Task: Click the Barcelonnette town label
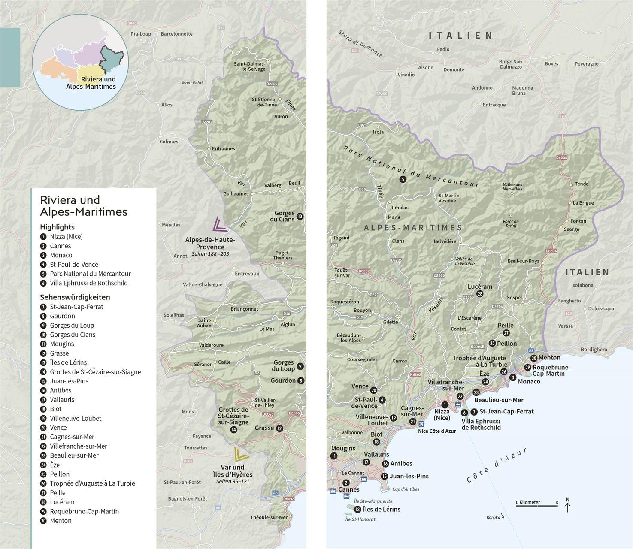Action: [x=176, y=34]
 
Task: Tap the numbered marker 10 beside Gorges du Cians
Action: [x=300, y=217]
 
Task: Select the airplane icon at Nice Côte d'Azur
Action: [x=421, y=424]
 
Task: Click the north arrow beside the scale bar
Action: [x=567, y=505]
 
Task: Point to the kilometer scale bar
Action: [x=536, y=506]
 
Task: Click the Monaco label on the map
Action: [x=529, y=381]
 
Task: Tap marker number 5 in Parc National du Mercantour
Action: [x=403, y=180]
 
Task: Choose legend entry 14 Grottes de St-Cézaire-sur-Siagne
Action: [x=95, y=372]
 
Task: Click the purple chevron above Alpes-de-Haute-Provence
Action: [x=220, y=225]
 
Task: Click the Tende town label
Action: [x=582, y=184]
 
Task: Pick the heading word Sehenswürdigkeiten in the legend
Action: [x=75, y=297]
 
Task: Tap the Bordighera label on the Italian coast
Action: [x=594, y=350]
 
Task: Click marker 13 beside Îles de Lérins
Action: [x=357, y=510]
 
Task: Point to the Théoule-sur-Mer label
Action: [x=269, y=517]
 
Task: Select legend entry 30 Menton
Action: [x=61, y=521]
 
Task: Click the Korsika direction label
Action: [x=493, y=517]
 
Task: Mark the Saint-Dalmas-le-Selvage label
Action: [x=249, y=66]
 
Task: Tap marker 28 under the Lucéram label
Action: [x=480, y=294]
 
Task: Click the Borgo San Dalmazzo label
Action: [x=510, y=64]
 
